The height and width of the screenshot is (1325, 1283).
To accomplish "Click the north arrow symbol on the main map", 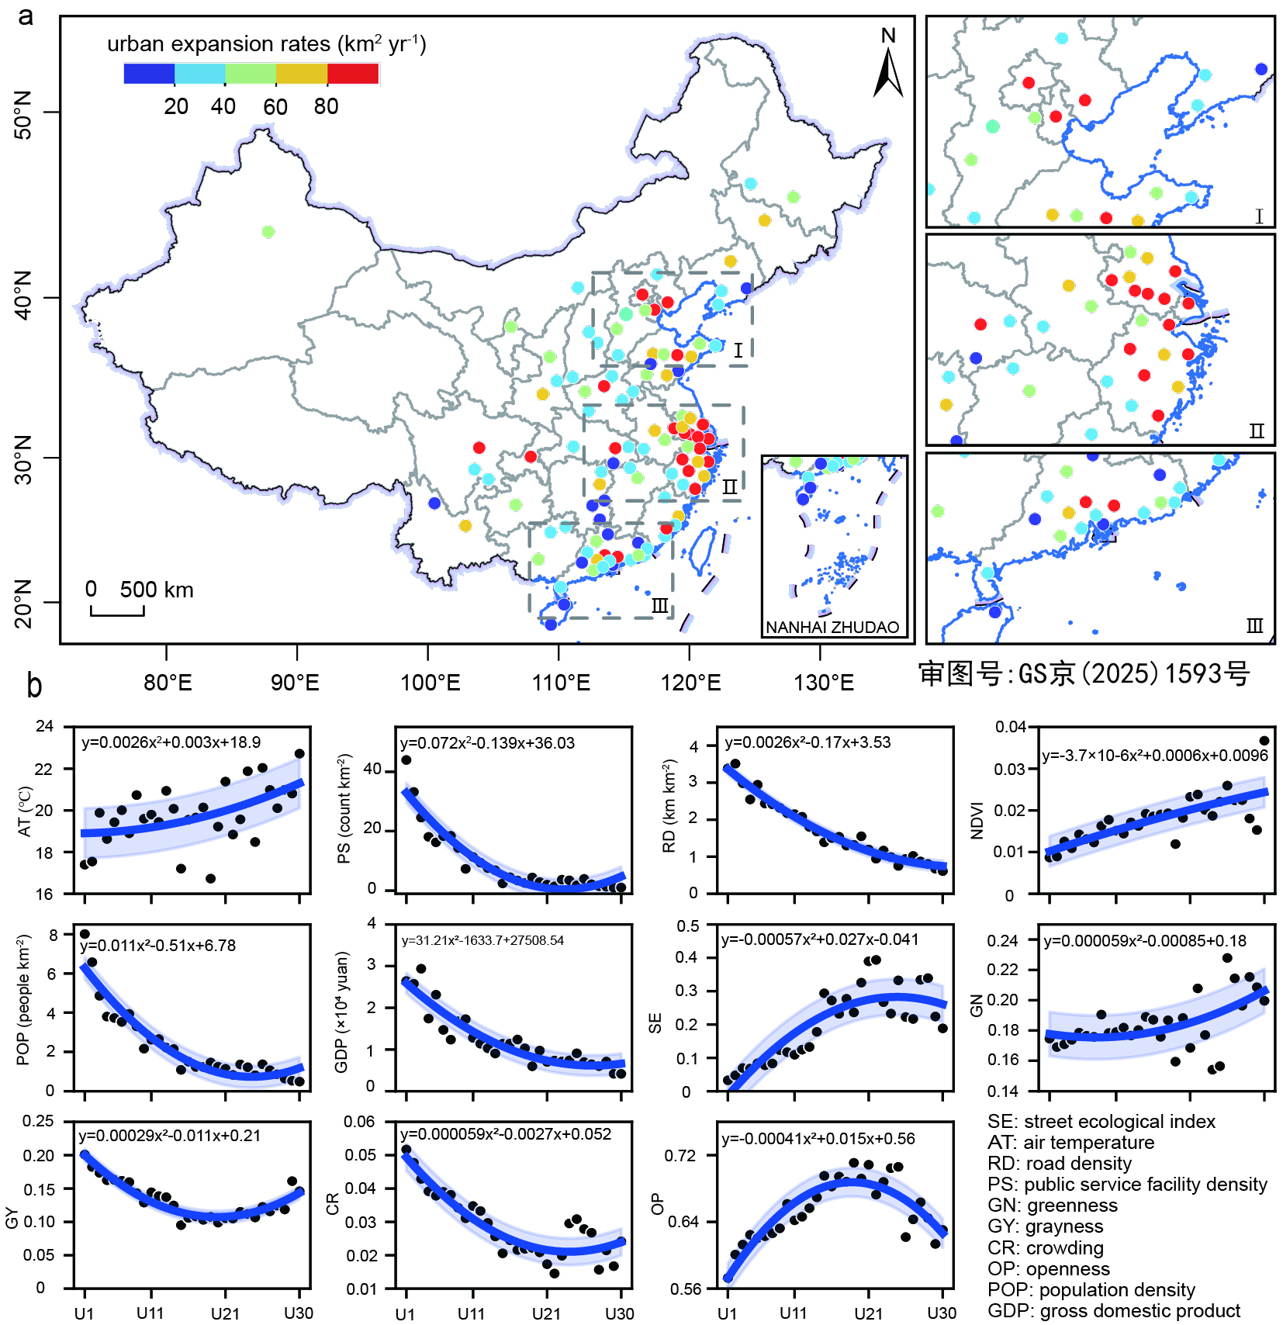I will point(888,72).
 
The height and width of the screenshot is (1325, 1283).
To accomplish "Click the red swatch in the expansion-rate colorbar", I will point(353,74).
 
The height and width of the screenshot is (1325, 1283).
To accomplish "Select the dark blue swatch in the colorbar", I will point(149,74).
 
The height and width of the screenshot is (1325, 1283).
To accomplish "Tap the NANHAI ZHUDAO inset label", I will point(832,628).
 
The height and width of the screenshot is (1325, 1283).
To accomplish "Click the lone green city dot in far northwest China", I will point(268,232).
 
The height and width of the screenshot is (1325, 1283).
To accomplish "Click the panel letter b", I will point(34,687).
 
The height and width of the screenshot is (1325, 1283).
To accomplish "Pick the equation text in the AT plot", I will point(171,742).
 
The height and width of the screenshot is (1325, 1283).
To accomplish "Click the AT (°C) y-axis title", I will point(25,811).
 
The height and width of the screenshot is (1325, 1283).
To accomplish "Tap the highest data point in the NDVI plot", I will point(1264,741).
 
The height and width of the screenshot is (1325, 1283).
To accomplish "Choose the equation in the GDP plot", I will point(482,940).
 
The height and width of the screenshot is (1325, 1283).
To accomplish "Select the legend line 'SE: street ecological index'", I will point(1101,1122).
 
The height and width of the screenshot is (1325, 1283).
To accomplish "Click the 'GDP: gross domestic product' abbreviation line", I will point(1114,1311).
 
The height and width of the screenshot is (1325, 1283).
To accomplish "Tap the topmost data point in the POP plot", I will point(85,934).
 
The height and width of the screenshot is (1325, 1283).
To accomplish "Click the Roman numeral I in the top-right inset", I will point(1259,216).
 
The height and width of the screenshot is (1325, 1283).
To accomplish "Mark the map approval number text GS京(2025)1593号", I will point(1084,673).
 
